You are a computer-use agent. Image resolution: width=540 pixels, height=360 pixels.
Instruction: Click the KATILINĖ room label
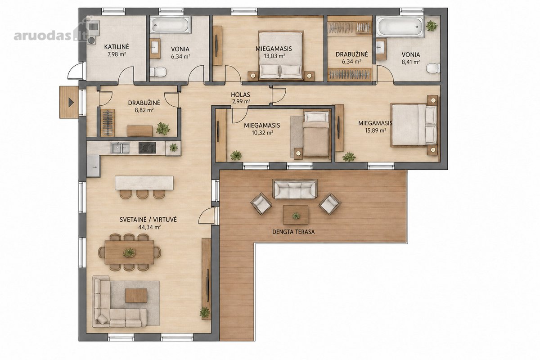[117, 46]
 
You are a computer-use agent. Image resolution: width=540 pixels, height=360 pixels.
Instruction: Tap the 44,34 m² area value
[149, 227]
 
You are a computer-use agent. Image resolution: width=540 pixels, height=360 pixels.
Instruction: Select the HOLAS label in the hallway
[240, 95]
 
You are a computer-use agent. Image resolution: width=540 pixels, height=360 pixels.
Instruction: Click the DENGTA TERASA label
[293, 232]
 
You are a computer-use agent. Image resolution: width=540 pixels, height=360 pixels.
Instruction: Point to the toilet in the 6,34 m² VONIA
[158, 72]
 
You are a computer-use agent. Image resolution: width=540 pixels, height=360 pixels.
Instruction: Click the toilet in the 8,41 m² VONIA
[433, 68]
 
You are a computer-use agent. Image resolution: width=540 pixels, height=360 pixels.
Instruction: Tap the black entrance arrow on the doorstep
[71, 103]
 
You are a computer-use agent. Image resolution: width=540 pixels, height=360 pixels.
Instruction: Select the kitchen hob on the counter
[147, 148]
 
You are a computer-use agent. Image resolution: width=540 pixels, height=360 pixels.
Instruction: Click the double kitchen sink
[120, 148]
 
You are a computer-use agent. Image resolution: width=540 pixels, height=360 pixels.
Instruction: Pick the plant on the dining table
[130, 252]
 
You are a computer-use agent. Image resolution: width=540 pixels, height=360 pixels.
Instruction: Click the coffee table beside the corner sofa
[136, 295]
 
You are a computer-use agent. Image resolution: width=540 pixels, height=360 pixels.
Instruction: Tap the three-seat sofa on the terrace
[295, 189]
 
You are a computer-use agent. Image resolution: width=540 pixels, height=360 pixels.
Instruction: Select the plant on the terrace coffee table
[296, 215]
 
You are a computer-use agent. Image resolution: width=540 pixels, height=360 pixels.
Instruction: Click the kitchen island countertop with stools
[144, 183]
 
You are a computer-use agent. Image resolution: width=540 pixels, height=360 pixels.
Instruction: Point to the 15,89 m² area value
[375, 130]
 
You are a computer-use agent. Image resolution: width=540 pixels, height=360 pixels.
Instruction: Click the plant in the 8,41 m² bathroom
[432, 26]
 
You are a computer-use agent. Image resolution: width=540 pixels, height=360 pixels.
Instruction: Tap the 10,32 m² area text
[262, 133]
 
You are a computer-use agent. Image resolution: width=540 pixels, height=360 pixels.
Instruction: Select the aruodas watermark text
[43, 36]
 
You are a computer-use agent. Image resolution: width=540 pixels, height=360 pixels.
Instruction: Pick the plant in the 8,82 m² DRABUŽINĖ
[163, 128]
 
